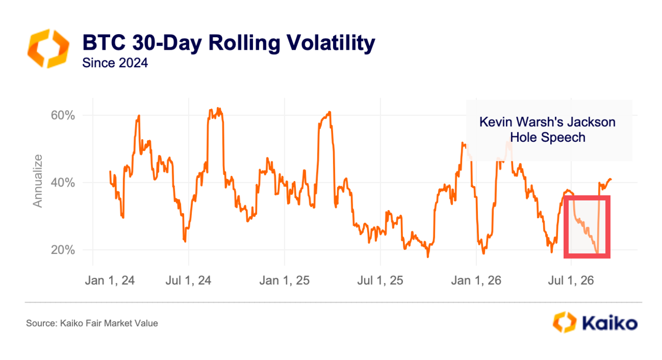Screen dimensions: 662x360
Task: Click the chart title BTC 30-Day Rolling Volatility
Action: [229, 43]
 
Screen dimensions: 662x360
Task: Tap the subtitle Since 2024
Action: [115, 63]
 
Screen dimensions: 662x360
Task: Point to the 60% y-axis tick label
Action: [63, 115]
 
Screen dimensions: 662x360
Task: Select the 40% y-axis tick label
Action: [63, 183]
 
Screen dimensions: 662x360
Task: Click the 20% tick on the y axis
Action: [63, 250]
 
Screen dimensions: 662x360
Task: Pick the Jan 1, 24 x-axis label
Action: [110, 280]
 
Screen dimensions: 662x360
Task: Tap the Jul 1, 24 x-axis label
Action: [188, 280]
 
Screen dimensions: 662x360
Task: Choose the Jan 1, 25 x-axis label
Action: [284, 280]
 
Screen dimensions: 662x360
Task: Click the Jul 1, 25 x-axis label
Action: [380, 280]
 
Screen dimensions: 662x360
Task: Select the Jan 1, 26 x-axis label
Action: [476, 280]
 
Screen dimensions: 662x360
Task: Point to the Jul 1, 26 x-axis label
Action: [570, 280]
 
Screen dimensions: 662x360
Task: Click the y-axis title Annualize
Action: [38, 181]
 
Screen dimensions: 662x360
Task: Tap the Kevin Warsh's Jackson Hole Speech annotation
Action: [547, 130]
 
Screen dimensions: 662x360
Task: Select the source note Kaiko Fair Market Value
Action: [92, 323]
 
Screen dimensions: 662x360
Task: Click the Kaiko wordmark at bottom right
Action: [610, 323]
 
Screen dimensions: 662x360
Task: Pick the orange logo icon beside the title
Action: [49, 49]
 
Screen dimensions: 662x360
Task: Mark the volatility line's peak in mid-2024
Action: [218, 108]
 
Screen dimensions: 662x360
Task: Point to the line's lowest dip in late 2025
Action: [428, 257]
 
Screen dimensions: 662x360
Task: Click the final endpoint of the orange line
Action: [611, 179]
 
